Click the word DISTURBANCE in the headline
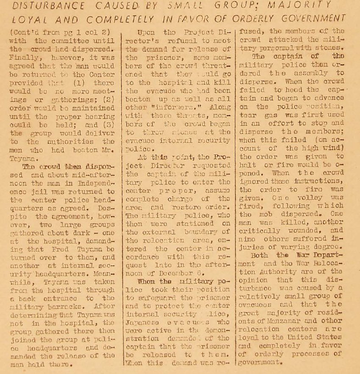pos(46,5)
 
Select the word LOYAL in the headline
pos(30,19)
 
